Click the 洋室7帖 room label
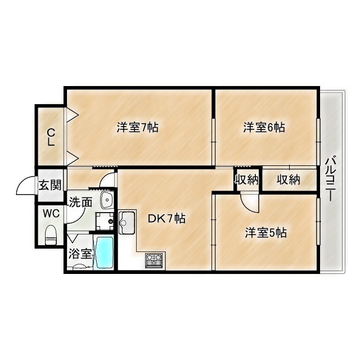coord(137,127)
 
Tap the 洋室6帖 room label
coord(264,127)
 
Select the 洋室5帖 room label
coord(265,232)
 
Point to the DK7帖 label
coord(166,218)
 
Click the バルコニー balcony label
coord(331,178)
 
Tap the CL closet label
coord(51,137)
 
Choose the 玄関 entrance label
coord(50,185)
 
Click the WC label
coord(51,214)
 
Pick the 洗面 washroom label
coord(80,202)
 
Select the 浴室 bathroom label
coord(80,254)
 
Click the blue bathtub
coord(103,253)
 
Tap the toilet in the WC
coord(51,235)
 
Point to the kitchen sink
coord(127,223)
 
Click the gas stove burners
coord(154,260)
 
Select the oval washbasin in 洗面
coord(106,200)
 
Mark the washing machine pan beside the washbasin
coord(105,221)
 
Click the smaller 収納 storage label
coord(247,179)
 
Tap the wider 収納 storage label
coord(289,179)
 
